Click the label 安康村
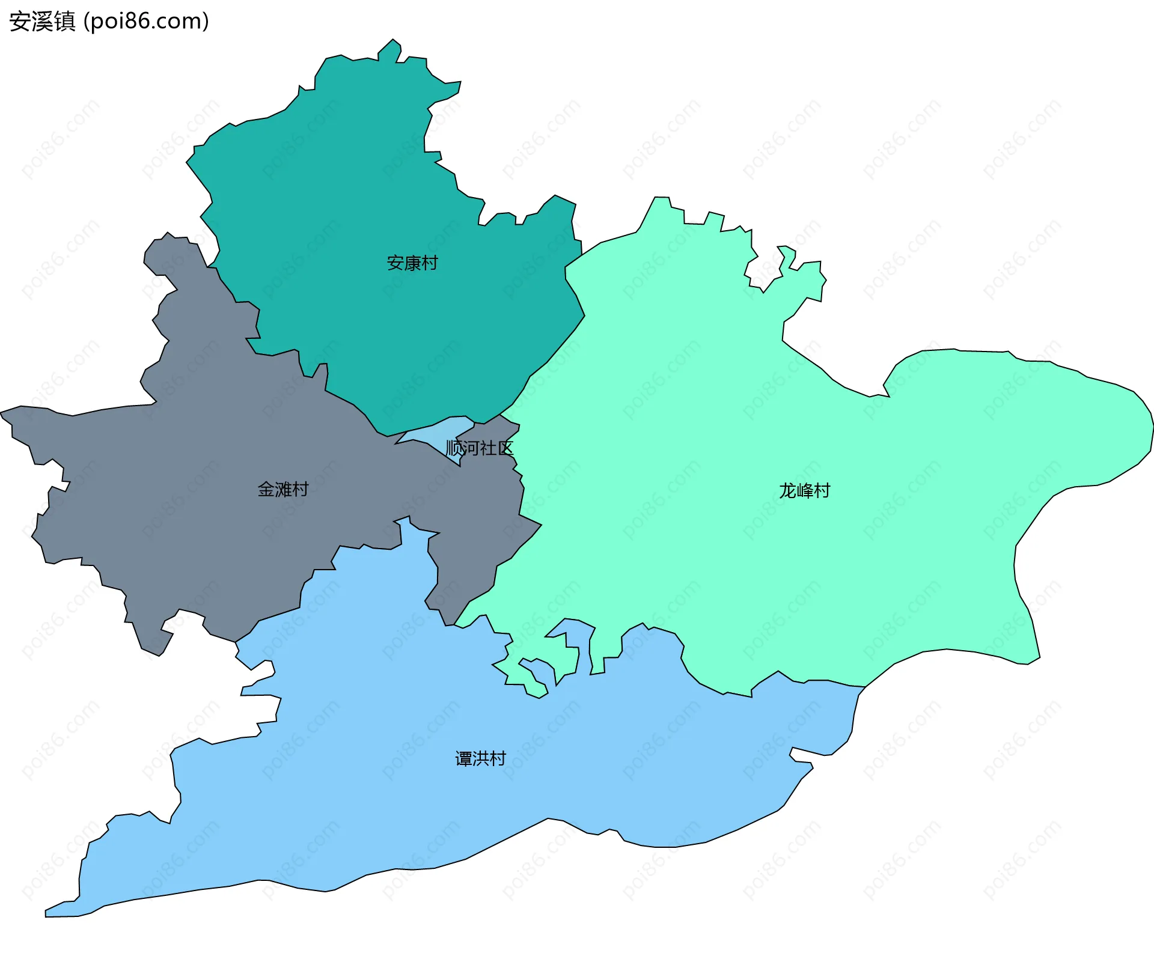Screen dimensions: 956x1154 coord(412,263)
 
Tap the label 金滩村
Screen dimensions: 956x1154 coord(282,490)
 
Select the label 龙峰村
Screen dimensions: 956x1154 coord(804,491)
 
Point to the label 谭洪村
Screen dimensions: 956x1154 coord(480,759)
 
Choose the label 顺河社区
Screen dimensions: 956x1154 coord(480,448)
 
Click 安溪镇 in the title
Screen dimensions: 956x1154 coord(42,22)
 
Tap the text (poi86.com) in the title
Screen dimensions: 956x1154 coord(147,22)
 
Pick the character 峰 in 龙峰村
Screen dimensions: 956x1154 coord(804,491)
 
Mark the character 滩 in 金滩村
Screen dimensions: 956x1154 coord(283,490)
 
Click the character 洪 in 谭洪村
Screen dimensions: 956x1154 coord(481,759)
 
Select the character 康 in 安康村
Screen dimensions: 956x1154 coord(412,263)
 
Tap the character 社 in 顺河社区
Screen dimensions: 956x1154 coord(488,448)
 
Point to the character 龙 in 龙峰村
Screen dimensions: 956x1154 coord(787,491)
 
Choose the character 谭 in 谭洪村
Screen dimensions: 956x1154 coord(463,759)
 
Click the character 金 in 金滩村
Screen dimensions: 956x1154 coord(266,490)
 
